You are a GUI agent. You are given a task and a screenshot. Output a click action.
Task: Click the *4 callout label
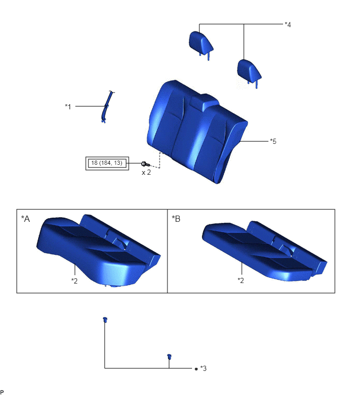tap(288, 25)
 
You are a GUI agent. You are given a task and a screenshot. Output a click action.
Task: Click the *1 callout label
tap(68, 107)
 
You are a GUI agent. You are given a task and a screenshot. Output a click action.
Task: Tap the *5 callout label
tap(273, 141)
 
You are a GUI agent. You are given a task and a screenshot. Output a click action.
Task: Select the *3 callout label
tap(204, 368)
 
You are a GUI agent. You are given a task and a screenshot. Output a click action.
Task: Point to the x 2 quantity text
tap(146, 173)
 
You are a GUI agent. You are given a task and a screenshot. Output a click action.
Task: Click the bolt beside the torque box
tap(145, 164)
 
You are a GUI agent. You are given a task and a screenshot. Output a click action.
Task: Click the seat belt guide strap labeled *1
tap(106, 107)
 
